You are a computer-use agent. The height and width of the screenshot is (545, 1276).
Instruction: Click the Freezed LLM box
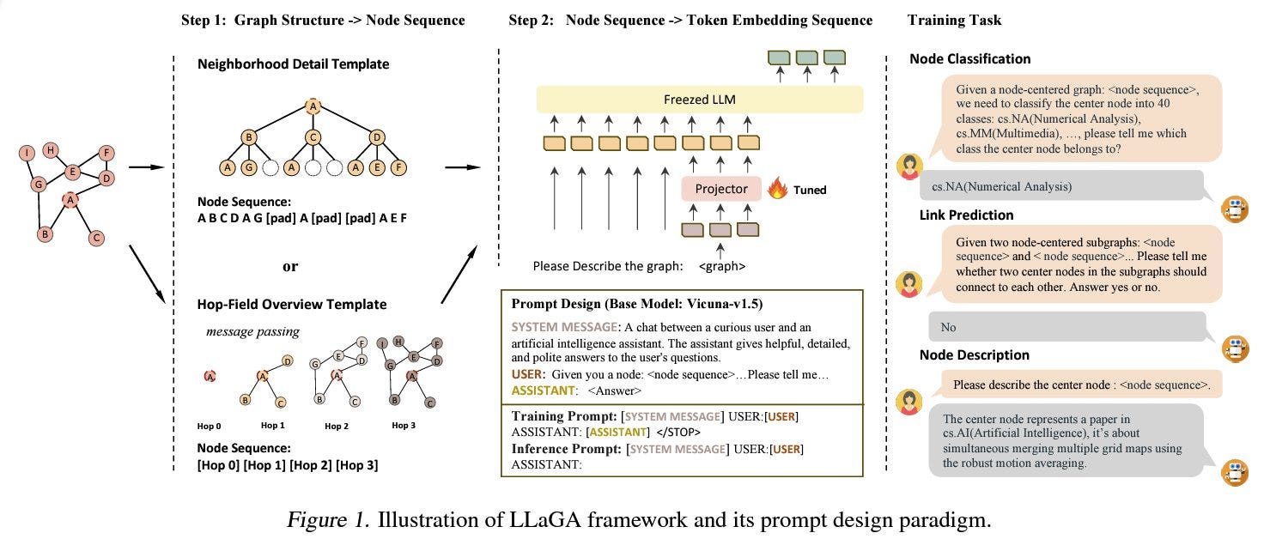(x=700, y=100)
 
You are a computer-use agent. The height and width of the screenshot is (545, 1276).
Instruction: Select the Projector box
(x=721, y=189)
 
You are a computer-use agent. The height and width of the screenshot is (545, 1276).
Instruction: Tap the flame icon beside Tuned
(x=777, y=188)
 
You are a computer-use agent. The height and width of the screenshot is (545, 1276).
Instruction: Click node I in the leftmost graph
(x=27, y=153)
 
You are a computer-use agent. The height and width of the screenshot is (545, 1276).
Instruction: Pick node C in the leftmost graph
(x=96, y=238)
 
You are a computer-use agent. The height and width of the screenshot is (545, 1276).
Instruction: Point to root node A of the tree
(x=313, y=106)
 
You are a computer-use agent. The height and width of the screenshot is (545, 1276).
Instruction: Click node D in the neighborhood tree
(x=377, y=137)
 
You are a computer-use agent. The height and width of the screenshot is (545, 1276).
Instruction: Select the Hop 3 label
(x=404, y=426)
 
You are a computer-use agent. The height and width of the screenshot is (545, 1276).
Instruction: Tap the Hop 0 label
(x=209, y=426)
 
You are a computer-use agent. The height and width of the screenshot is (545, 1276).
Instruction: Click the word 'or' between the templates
(x=290, y=267)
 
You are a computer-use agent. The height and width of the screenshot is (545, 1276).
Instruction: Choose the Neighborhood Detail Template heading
(x=294, y=64)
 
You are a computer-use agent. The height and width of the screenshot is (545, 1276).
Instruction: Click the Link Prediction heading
(x=966, y=215)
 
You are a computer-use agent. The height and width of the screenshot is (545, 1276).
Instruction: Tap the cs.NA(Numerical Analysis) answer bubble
(x=1062, y=186)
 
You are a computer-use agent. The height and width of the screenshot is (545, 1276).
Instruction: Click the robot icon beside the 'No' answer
(x=1235, y=348)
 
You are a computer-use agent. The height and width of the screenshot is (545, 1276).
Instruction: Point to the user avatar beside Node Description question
(x=909, y=402)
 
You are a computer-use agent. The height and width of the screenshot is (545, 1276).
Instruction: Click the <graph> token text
(x=722, y=266)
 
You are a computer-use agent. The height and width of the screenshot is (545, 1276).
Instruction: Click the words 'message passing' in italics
(x=252, y=332)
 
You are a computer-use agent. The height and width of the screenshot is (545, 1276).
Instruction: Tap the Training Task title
(x=954, y=21)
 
